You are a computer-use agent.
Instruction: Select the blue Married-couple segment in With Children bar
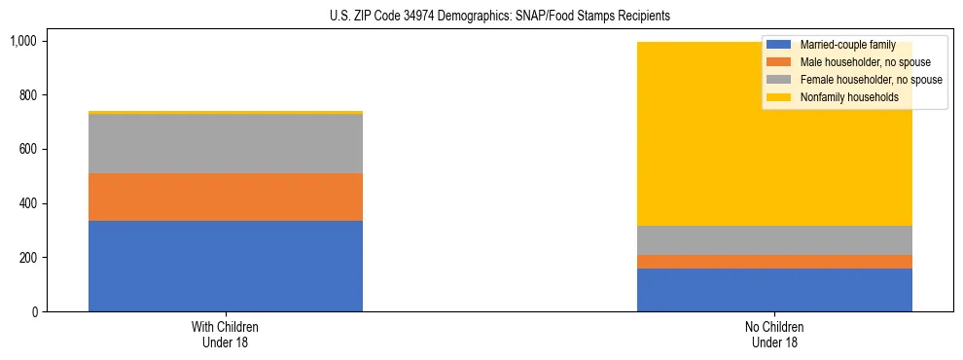(226, 266)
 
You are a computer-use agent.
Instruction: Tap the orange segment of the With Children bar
(226, 197)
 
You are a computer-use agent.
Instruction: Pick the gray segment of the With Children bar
(226, 144)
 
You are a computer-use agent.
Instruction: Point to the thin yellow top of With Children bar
(226, 113)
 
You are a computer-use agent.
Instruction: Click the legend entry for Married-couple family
(844, 45)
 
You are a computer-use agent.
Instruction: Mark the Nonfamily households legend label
(848, 97)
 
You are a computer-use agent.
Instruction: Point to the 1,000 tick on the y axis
(22, 41)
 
